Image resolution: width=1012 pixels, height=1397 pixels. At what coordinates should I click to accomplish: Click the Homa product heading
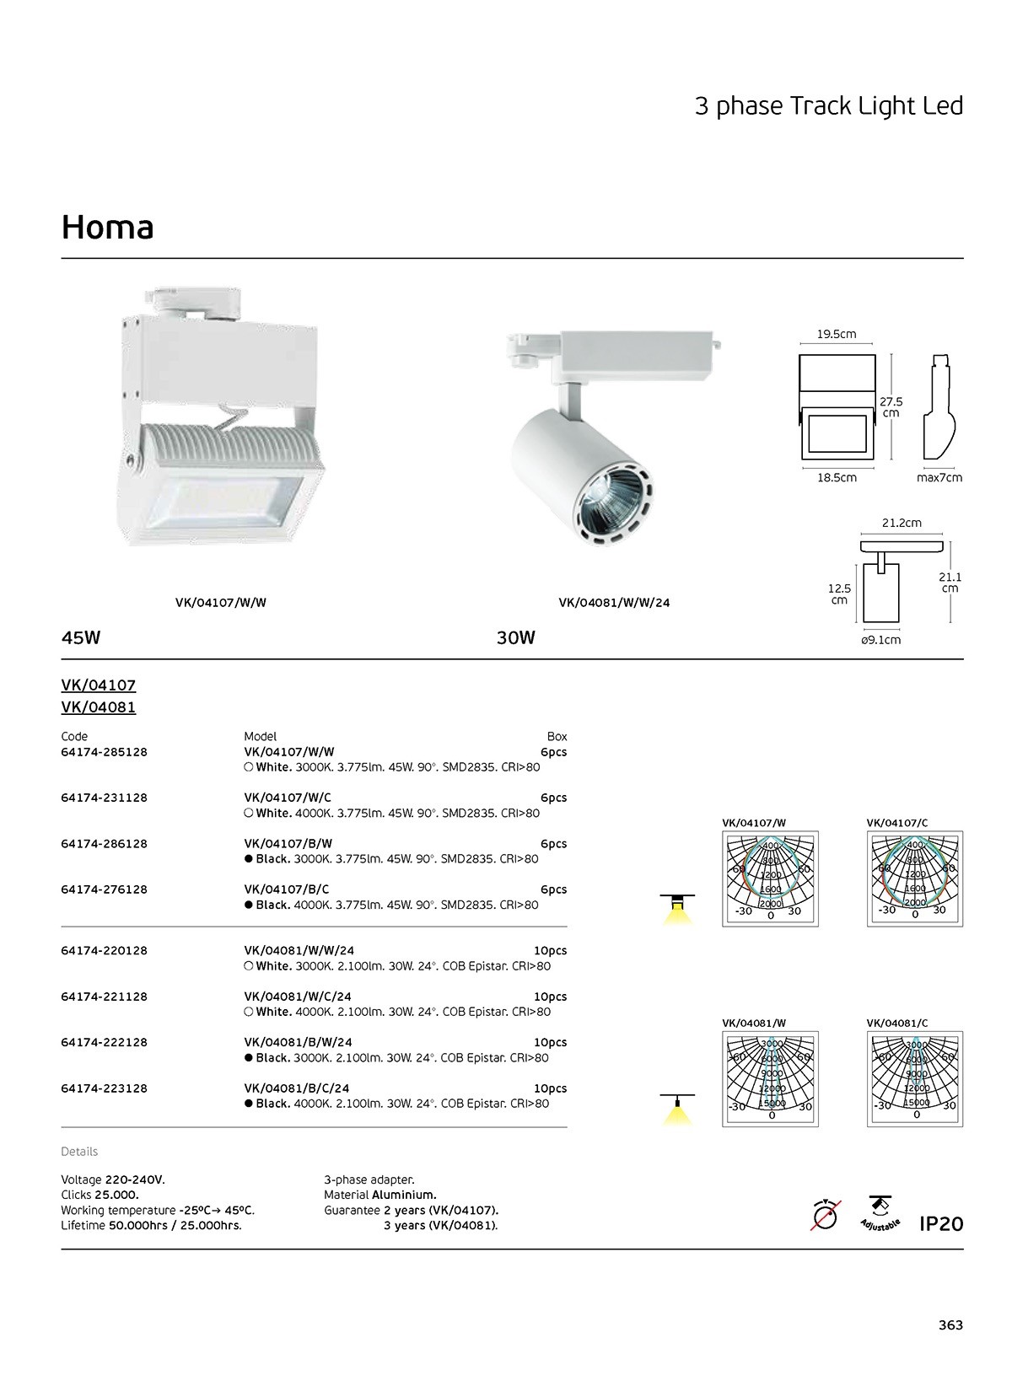tap(108, 228)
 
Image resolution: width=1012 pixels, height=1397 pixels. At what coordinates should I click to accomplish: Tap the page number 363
tap(950, 1324)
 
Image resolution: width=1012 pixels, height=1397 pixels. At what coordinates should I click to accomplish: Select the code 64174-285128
tap(105, 752)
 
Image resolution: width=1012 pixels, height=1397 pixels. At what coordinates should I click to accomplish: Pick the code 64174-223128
tap(105, 1088)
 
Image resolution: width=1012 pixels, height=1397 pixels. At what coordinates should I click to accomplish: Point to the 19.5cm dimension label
tap(837, 334)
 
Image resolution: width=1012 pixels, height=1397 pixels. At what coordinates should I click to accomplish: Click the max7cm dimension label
tap(939, 478)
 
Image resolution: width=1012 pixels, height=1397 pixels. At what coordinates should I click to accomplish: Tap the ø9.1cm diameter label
tap(881, 640)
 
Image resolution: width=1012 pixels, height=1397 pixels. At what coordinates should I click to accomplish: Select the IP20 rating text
tap(941, 1223)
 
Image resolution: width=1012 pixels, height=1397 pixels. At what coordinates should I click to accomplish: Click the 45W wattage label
tap(81, 637)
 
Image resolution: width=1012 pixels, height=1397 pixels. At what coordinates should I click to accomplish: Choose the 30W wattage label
tap(516, 637)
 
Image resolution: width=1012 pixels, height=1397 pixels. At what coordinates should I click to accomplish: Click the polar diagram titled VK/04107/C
tap(915, 879)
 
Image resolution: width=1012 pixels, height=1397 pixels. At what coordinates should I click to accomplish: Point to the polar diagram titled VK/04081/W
tap(771, 1079)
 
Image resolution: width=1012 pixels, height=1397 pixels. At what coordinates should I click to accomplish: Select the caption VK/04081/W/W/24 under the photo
tap(614, 603)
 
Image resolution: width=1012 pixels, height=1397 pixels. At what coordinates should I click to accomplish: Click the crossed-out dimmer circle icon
tap(826, 1216)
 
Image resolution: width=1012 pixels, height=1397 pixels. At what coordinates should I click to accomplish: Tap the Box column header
tap(557, 736)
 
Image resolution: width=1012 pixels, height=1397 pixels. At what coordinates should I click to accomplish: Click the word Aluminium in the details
tap(404, 1195)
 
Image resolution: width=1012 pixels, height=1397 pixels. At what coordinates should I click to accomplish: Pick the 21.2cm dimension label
tap(902, 523)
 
